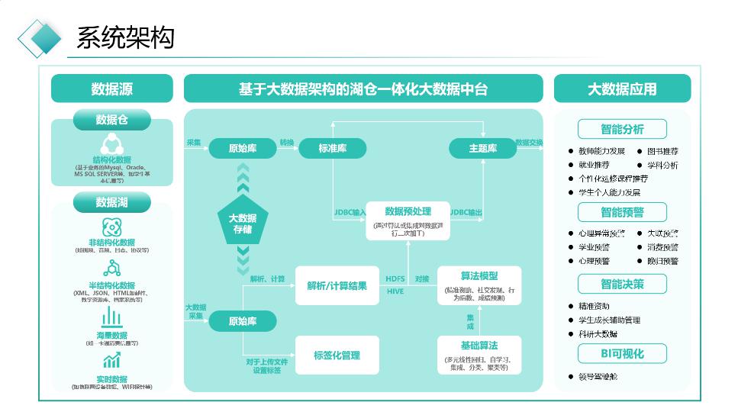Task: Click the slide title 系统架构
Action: [x=126, y=37]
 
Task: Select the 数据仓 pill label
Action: [x=111, y=120]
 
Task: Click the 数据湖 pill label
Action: [x=111, y=202]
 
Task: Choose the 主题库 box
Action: [x=482, y=149]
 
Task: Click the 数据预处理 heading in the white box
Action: [x=408, y=211]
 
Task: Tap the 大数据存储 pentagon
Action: [x=243, y=224]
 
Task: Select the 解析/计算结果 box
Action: [x=337, y=286]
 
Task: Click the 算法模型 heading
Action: [x=479, y=275]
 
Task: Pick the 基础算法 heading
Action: [x=479, y=346]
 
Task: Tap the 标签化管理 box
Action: [x=337, y=355]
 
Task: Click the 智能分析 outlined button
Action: [x=622, y=129]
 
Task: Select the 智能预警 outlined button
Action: [x=622, y=212]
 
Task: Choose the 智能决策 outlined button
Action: [x=622, y=284]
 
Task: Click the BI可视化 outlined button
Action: [x=622, y=353]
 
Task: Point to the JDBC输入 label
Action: [x=350, y=212]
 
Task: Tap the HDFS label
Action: [x=395, y=279]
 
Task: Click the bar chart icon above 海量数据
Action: [x=111, y=319]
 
